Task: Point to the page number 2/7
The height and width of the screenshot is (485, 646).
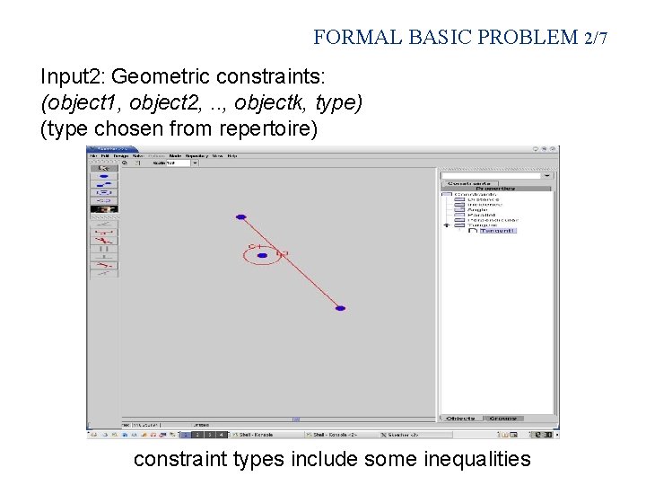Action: tap(595, 38)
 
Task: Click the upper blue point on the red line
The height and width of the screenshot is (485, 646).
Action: tap(240, 216)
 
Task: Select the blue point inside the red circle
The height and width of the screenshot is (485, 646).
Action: tap(262, 256)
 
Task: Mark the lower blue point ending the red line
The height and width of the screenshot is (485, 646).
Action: tap(340, 308)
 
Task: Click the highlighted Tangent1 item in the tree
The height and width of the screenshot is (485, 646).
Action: tap(498, 231)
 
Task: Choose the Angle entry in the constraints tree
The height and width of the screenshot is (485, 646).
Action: tap(477, 209)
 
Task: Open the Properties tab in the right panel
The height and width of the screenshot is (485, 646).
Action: tap(495, 189)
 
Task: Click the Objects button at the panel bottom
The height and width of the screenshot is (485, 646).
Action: tap(461, 419)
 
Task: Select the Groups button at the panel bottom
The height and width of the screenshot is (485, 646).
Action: tap(504, 419)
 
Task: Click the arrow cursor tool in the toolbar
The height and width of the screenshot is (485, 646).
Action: tap(103, 167)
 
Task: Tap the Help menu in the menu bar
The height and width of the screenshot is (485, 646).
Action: tap(231, 155)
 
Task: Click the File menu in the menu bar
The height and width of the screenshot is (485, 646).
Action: tap(92, 155)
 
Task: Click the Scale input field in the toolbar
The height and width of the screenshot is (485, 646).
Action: tap(170, 163)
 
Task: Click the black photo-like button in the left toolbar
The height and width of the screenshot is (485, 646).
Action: tap(104, 208)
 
